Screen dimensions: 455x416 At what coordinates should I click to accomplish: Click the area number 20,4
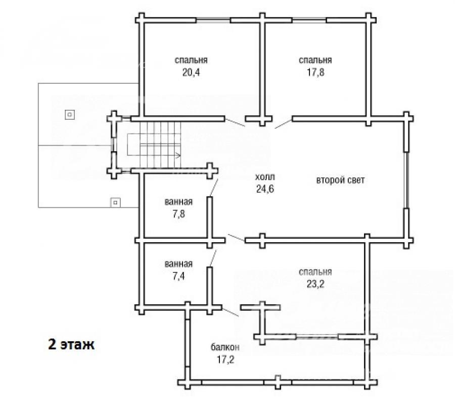(x=191, y=72)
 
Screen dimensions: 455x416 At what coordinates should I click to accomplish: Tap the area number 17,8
(x=315, y=72)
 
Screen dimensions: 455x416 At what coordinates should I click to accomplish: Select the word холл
(x=265, y=177)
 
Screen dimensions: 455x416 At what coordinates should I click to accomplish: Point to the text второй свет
(x=340, y=180)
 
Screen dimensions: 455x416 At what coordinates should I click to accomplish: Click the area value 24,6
(x=265, y=189)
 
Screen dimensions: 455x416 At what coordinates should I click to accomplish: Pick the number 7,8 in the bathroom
(x=178, y=214)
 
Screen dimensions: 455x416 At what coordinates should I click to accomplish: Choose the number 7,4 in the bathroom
(x=178, y=276)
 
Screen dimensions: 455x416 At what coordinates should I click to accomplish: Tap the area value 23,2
(x=315, y=284)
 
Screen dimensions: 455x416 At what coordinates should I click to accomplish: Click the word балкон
(x=225, y=347)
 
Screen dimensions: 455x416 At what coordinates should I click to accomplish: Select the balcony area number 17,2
(x=225, y=360)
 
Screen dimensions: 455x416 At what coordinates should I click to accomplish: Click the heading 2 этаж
(x=71, y=345)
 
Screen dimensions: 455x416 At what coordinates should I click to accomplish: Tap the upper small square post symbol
(x=69, y=115)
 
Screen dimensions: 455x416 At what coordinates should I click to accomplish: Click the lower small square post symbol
(x=115, y=203)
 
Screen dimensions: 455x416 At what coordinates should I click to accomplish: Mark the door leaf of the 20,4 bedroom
(x=235, y=122)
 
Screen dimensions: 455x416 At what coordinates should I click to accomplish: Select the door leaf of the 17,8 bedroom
(x=284, y=124)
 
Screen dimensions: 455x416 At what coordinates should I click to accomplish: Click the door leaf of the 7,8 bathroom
(x=213, y=188)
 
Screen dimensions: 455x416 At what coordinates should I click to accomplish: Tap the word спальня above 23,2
(x=315, y=272)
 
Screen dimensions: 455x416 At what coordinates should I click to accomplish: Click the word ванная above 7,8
(x=178, y=202)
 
